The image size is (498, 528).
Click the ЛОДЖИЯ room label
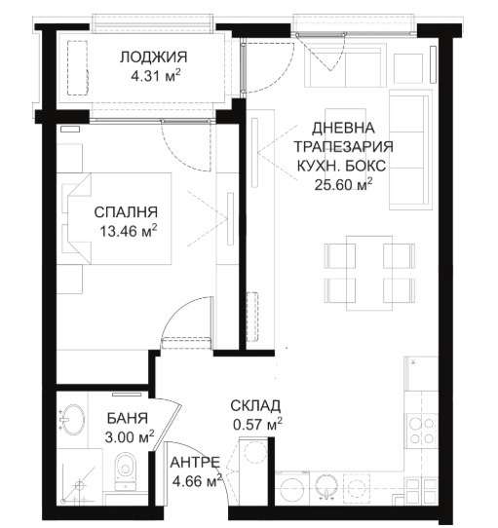[149, 57]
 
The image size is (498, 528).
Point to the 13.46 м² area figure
[126, 233]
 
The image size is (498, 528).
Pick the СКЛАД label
[256, 405]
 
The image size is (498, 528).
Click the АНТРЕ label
[194, 463]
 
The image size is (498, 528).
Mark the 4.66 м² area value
[196, 481]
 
